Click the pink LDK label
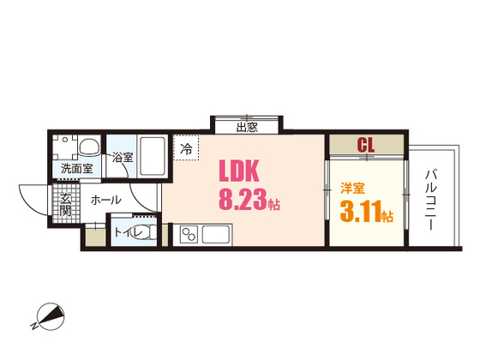click(x=243, y=170)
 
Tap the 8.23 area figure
click(x=243, y=204)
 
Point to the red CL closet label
click(x=366, y=145)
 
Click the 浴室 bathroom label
click(x=122, y=157)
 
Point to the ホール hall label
click(x=105, y=201)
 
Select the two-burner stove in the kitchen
click(x=190, y=233)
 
